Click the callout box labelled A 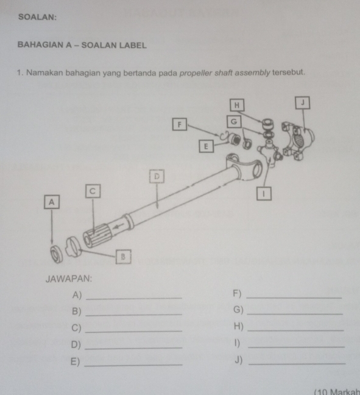52,202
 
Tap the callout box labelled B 124,257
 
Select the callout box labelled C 93,191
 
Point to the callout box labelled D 157,176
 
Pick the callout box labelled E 206,146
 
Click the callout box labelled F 180,124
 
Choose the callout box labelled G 234,122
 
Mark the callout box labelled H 237,105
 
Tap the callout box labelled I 264,194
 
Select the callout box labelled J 303,102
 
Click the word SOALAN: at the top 38,17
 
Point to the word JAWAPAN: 69,279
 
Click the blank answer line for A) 134,299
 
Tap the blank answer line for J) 297,363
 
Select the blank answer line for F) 294,298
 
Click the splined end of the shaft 97,235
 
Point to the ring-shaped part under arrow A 56,254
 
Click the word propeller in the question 196,73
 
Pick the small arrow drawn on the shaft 118,226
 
